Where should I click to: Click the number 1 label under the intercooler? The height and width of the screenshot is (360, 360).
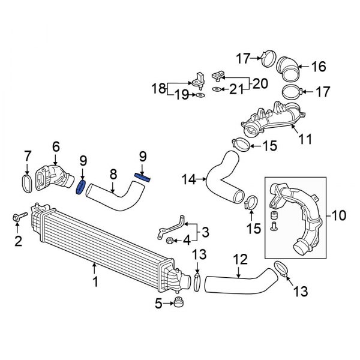94,281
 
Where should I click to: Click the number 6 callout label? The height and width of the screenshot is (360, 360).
55,145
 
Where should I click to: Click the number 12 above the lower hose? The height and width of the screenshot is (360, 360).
240,259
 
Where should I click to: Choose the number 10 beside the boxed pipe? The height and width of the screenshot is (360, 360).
340,214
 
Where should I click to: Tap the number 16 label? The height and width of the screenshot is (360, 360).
318,66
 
